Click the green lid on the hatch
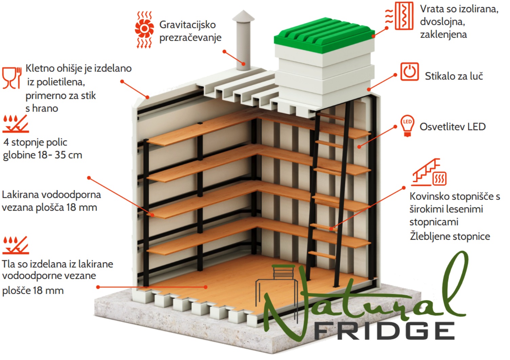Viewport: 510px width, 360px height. pyautogui.click(x=324, y=35)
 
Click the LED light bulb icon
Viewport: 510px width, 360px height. pyautogui.click(x=407, y=126)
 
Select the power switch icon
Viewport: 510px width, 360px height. pyautogui.click(x=409, y=72)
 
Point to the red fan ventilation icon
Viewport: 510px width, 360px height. pyautogui.click(x=144, y=29)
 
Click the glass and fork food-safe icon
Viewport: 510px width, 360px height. pyautogui.click(x=12, y=78)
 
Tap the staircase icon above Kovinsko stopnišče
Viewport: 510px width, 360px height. pyautogui.click(x=428, y=172)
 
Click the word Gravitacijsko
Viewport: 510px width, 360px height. pyautogui.click(x=187, y=25)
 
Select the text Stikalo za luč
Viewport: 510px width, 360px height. pyautogui.click(x=454, y=76)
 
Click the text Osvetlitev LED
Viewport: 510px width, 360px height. pyautogui.click(x=453, y=127)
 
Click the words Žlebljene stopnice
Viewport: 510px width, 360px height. pyautogui.click(x=450, y=236)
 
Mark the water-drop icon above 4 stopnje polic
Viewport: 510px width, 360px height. pyautogui.click(x=16, y=124)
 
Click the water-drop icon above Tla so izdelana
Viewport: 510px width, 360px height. pyautogui.click(x=16, y=245)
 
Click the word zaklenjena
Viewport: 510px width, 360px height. pyautogui.click(x=443, y=35)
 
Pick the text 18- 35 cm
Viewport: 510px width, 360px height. pyautogui.click(x=60, y=155)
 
